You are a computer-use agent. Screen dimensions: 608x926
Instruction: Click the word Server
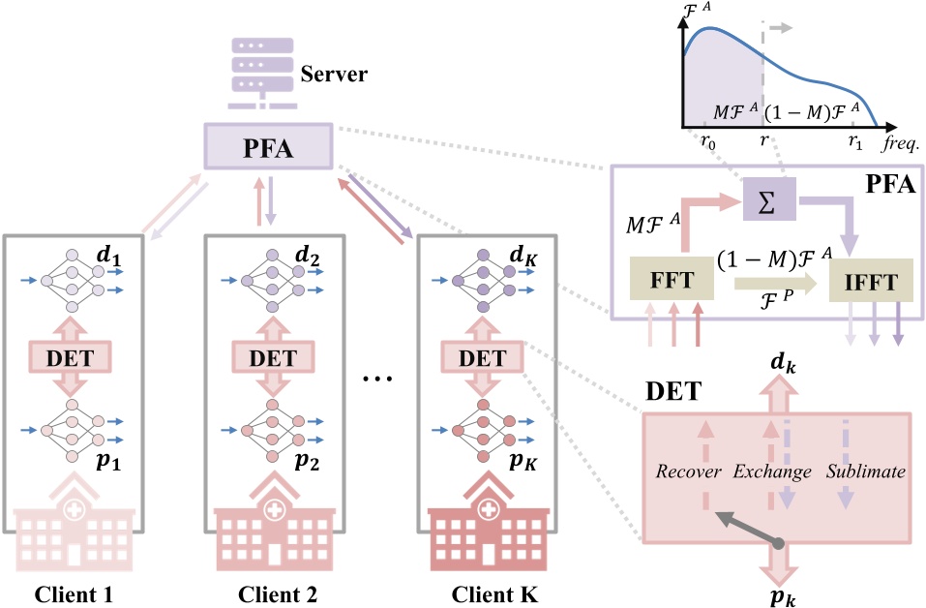pos(334,75)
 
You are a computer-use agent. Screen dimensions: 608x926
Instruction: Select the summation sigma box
pos(768,197)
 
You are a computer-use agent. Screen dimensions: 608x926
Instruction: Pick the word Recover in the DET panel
pos(688,471)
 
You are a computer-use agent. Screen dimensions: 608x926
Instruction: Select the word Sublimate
pos(866,471)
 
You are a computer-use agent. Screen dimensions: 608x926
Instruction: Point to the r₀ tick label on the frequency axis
pos(707,142)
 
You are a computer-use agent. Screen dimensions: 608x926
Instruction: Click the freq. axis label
pos(899,143)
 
